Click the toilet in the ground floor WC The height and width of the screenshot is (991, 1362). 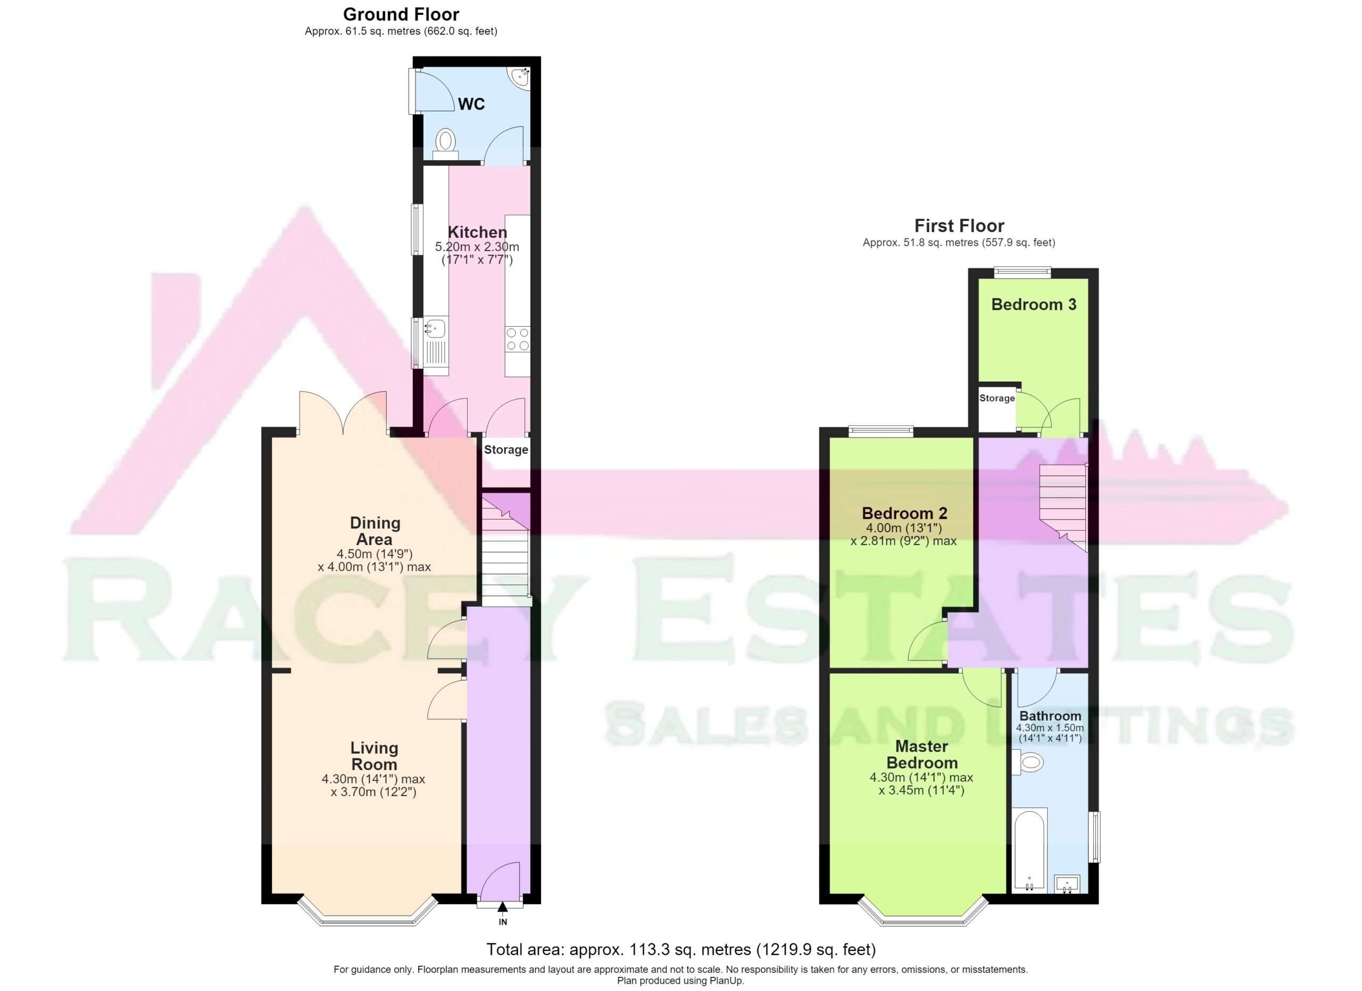tap(445, 145)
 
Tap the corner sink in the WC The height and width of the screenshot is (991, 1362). tap(520, 77)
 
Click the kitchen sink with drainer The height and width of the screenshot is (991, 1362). tap(435, 342)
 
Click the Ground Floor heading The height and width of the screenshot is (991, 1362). tap(401, 14)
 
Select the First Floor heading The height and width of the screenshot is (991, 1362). tap(959, 226)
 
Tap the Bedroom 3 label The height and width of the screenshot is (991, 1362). tap(1034, 304)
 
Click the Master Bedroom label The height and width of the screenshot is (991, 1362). tap(922, 754)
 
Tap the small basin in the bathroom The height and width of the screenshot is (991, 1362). tap(1067, 884)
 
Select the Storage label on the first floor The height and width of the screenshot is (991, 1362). tap(997, 398)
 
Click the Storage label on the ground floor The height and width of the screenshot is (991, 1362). tap(506, 450)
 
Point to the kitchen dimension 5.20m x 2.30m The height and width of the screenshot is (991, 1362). tap(477, 247)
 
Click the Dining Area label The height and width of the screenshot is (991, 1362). tap(375, 531)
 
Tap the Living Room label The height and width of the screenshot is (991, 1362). tap(374, 756)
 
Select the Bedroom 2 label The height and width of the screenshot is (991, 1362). tap(904, 514)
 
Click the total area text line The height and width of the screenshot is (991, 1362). tap(681, 949)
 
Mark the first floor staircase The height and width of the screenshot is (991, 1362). tap(1063, 508)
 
